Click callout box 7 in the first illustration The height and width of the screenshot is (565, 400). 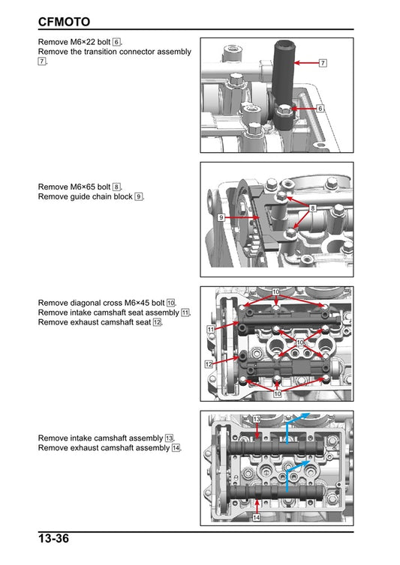point(323,63)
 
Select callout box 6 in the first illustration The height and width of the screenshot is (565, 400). point(320,109)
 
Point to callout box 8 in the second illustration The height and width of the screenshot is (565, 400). point(312,207)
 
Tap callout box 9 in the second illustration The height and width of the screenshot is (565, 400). point(222,217)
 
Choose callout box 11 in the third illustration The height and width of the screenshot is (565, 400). point(211,329)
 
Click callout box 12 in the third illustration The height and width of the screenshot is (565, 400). point(209,363)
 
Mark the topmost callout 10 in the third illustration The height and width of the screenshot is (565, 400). point(276,291)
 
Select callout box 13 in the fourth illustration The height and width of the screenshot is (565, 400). point(257,419)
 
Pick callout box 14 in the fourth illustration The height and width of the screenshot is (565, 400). point(257,518)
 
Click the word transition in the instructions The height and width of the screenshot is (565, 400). point(105,52)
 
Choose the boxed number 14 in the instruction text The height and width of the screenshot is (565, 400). point(176,448)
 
